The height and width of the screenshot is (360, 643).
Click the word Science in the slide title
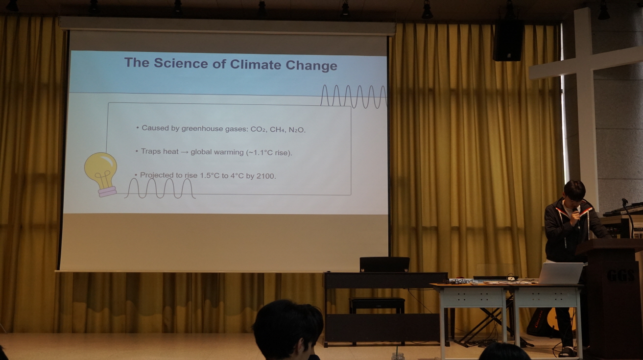click(x=181, y=63)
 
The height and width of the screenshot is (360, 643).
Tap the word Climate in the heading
click(x=256, y=64)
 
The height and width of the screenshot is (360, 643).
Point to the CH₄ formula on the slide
click(x=277, y=129)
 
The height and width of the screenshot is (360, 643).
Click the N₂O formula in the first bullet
click(x=296, y=130)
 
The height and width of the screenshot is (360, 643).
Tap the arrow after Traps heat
click(x=184, y=151)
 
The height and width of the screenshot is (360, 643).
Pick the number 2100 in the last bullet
click(x=265, y=176)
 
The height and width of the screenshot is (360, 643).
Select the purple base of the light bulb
click(x=107, y=192)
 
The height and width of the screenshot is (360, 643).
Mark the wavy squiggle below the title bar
click(x=354, y=96)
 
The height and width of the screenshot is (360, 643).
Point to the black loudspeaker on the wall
click(x=508, y=41)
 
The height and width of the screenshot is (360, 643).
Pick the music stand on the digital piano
click(x=384, y=264)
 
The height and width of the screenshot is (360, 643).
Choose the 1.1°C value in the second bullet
click(x=262, y=152)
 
